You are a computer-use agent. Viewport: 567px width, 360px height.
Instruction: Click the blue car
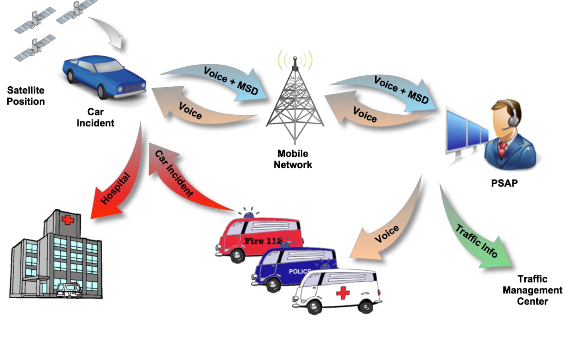pyautogui.click(x=103, y=76)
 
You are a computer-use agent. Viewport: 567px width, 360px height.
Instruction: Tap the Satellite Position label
pyautogui.click(x=26, y=96)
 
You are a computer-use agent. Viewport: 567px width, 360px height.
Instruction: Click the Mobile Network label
pyautogui.click(x=293, y=159)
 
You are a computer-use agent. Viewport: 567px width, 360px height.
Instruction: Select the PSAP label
pyautogui.click(x=504, y=183)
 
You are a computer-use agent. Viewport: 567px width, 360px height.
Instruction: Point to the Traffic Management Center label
pyautogui.click(x=532, y=290)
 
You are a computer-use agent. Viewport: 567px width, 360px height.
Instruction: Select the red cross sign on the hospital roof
pyautogui.click(x=67, y=220)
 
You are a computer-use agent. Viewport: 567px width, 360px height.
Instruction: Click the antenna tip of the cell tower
pyautogui.click(x=295, y=59)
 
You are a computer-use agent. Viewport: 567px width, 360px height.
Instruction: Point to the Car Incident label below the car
pyautogui.click(x=95, y=118)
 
